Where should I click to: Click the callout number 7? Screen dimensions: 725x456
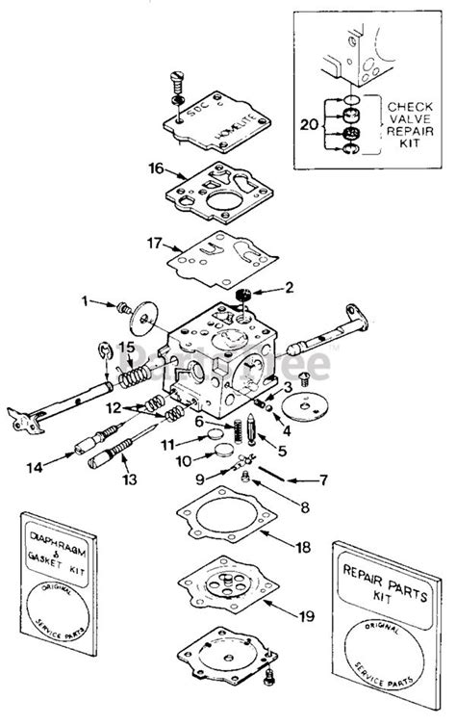322,478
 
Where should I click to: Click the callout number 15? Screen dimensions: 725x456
126,347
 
